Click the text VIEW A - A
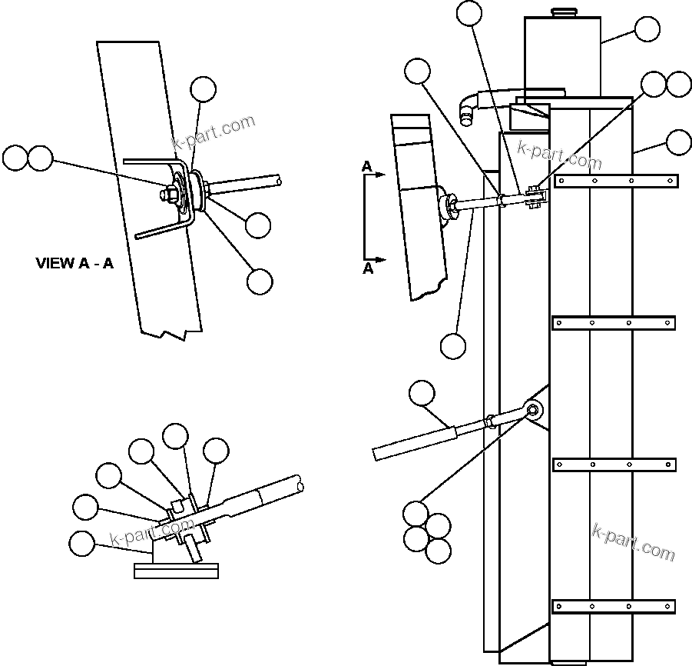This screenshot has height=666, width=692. pos(74,264)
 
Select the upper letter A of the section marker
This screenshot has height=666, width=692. pos(367,166)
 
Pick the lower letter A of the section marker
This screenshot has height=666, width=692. pos(368,268)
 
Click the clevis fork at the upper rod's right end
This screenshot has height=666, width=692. pos(537,199)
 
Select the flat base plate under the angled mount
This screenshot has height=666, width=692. pos(176,570)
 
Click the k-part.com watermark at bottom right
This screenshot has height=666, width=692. pos(634,541)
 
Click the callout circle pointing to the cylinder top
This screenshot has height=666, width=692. pos(647,29)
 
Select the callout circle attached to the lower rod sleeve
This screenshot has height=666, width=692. pos(421,394)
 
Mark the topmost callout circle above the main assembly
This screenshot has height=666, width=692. pos(469,12)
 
